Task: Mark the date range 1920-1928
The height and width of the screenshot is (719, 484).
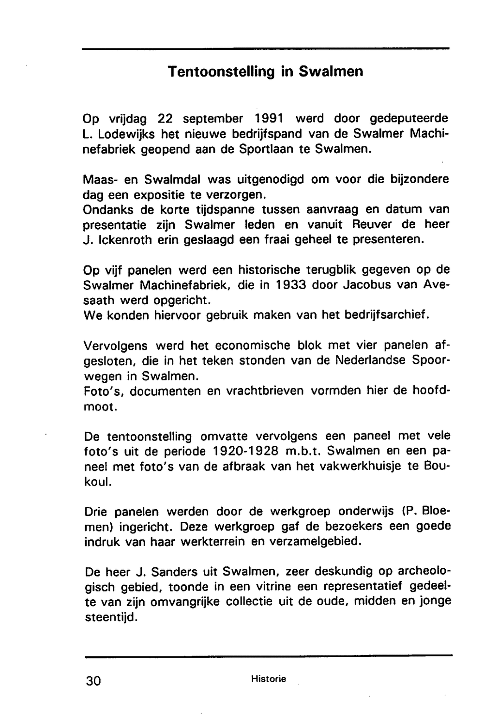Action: coord(246,451)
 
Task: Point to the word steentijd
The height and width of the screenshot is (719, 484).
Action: coord(111,617)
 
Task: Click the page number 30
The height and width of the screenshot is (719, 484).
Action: coord(93,681)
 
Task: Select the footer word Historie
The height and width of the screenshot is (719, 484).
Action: coord(269,679)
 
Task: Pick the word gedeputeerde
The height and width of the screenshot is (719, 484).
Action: coord(409,118)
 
